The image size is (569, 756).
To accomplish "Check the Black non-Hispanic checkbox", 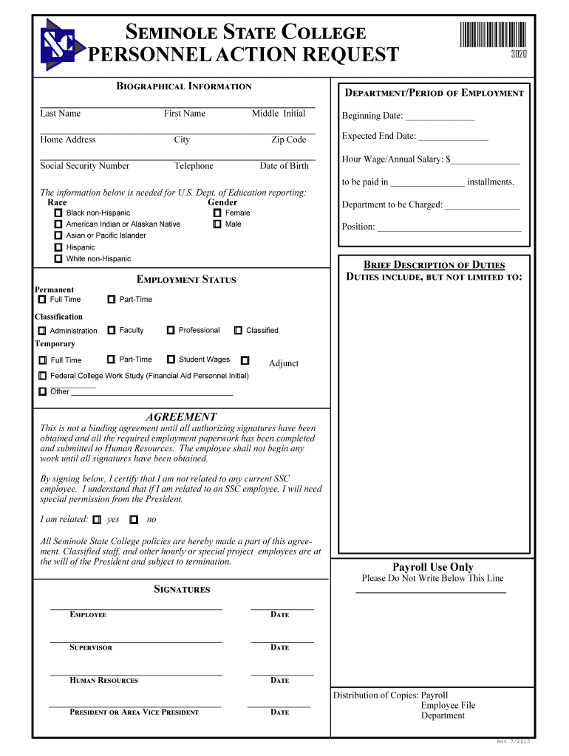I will point(58,213).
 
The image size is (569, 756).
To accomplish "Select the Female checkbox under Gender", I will point(217,213).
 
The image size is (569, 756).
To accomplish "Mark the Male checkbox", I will point(217,224).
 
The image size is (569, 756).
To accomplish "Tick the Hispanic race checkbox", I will point(58,247).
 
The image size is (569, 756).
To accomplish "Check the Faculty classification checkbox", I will point(112,330).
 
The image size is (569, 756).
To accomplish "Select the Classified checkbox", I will point(238,331).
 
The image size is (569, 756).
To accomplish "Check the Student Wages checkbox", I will point(171,360).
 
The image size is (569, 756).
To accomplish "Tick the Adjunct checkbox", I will point(245,360).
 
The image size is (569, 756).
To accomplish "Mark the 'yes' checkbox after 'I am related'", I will point(98,519).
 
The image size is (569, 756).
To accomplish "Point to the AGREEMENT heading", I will point(181,417).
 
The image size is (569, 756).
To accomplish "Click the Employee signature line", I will point(136,608).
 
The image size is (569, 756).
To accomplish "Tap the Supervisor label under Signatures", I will point(91,647).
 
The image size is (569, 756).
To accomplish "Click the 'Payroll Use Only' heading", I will point(432,567).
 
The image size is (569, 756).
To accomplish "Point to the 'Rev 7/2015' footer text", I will point(513,740).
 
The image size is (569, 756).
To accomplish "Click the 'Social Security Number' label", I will point(84,166).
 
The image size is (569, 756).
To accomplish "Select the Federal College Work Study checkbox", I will point(43,376).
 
